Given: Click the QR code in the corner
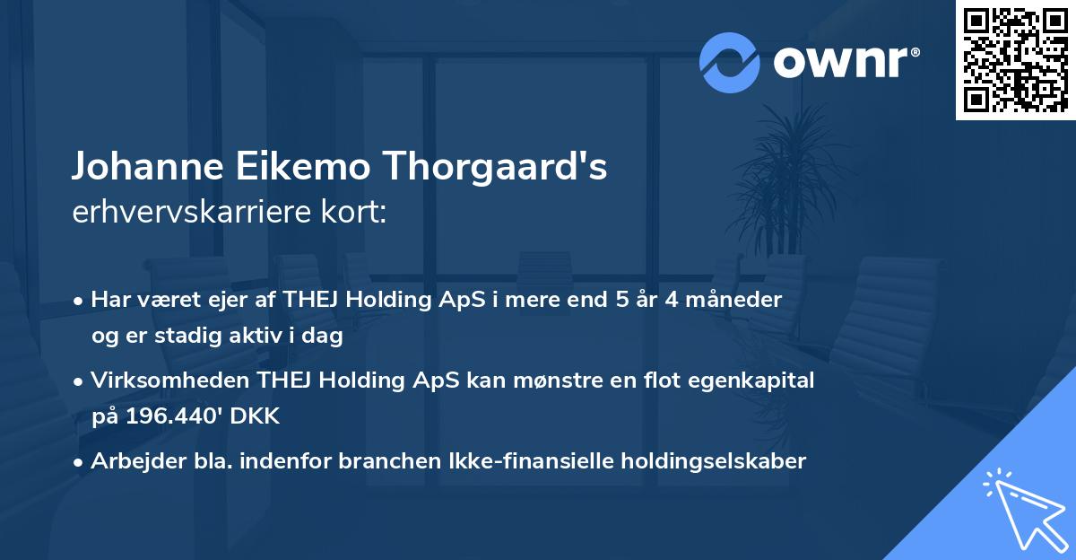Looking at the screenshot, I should tap(1015, 60).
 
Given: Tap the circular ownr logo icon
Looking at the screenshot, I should tap(730, 63).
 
